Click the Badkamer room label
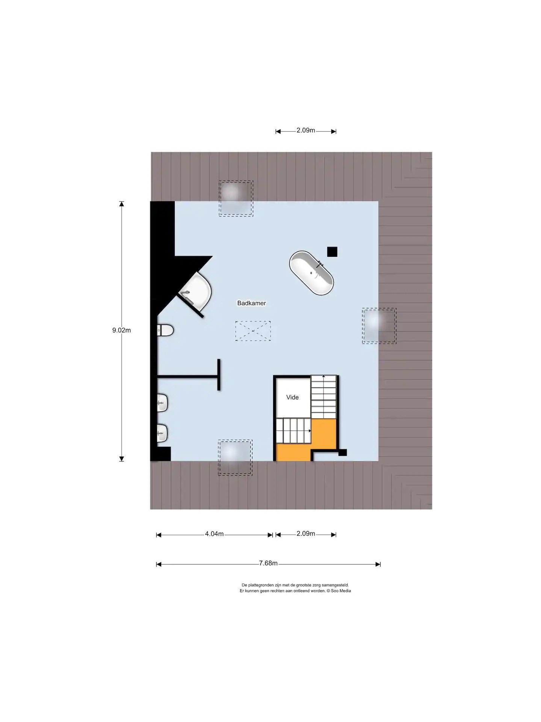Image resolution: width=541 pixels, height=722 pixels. (x=251, y=303)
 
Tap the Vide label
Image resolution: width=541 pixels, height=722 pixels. (x=292, y=397)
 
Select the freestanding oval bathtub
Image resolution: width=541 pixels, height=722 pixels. (x=311, y=273)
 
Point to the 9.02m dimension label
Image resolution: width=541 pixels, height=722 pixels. (x=121, y=331)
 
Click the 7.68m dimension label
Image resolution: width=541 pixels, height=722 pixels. (x=268, y=563)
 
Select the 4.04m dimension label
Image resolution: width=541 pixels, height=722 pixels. (x=214, y=534)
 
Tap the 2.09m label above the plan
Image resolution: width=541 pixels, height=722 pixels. (x=306, y=130)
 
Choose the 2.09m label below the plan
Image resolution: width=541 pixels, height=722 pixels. (x=306, y=534)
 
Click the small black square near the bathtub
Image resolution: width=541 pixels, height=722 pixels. (x=332, y=252)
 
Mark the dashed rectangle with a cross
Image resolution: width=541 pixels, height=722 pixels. (x=253, y=331)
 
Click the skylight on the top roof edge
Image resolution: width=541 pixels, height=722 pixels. (x=236, y=198)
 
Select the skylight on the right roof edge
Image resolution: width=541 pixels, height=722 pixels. (x=379, y=326)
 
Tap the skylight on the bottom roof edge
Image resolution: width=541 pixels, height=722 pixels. (x=236, y=458)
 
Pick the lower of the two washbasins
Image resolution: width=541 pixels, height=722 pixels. (x=163, y=433)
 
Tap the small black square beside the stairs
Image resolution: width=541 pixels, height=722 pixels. (x=343, y=453)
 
